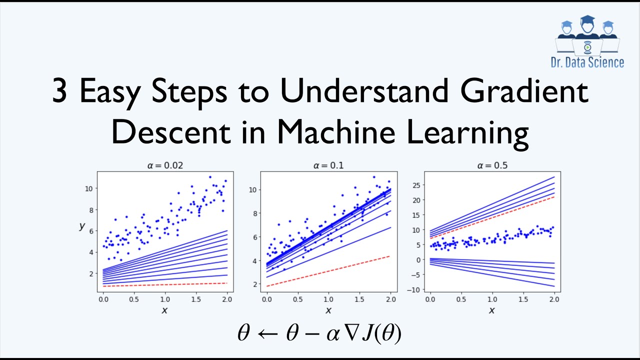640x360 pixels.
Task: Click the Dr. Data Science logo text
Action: pyautogui.click(x=587, y=62)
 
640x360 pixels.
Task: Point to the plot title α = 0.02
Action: pyautogui.click(x=165, y=165)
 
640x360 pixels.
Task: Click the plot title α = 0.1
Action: pyautogui.click(x=328, y=165)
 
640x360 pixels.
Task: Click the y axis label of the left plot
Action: pyautogui.click(x=82, y=226)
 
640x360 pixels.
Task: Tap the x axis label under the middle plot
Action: pyautogui.click(x=328, y=310)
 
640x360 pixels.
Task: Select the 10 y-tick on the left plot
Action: pyautogui.click(x=88, y=188)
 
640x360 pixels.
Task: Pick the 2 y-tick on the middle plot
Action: pyautogui.click(x=254, y=284)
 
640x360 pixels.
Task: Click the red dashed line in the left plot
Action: pyautogui.click(x=165, y=284)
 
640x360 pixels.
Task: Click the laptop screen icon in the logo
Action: pyautogui.click(x=587, y=47)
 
